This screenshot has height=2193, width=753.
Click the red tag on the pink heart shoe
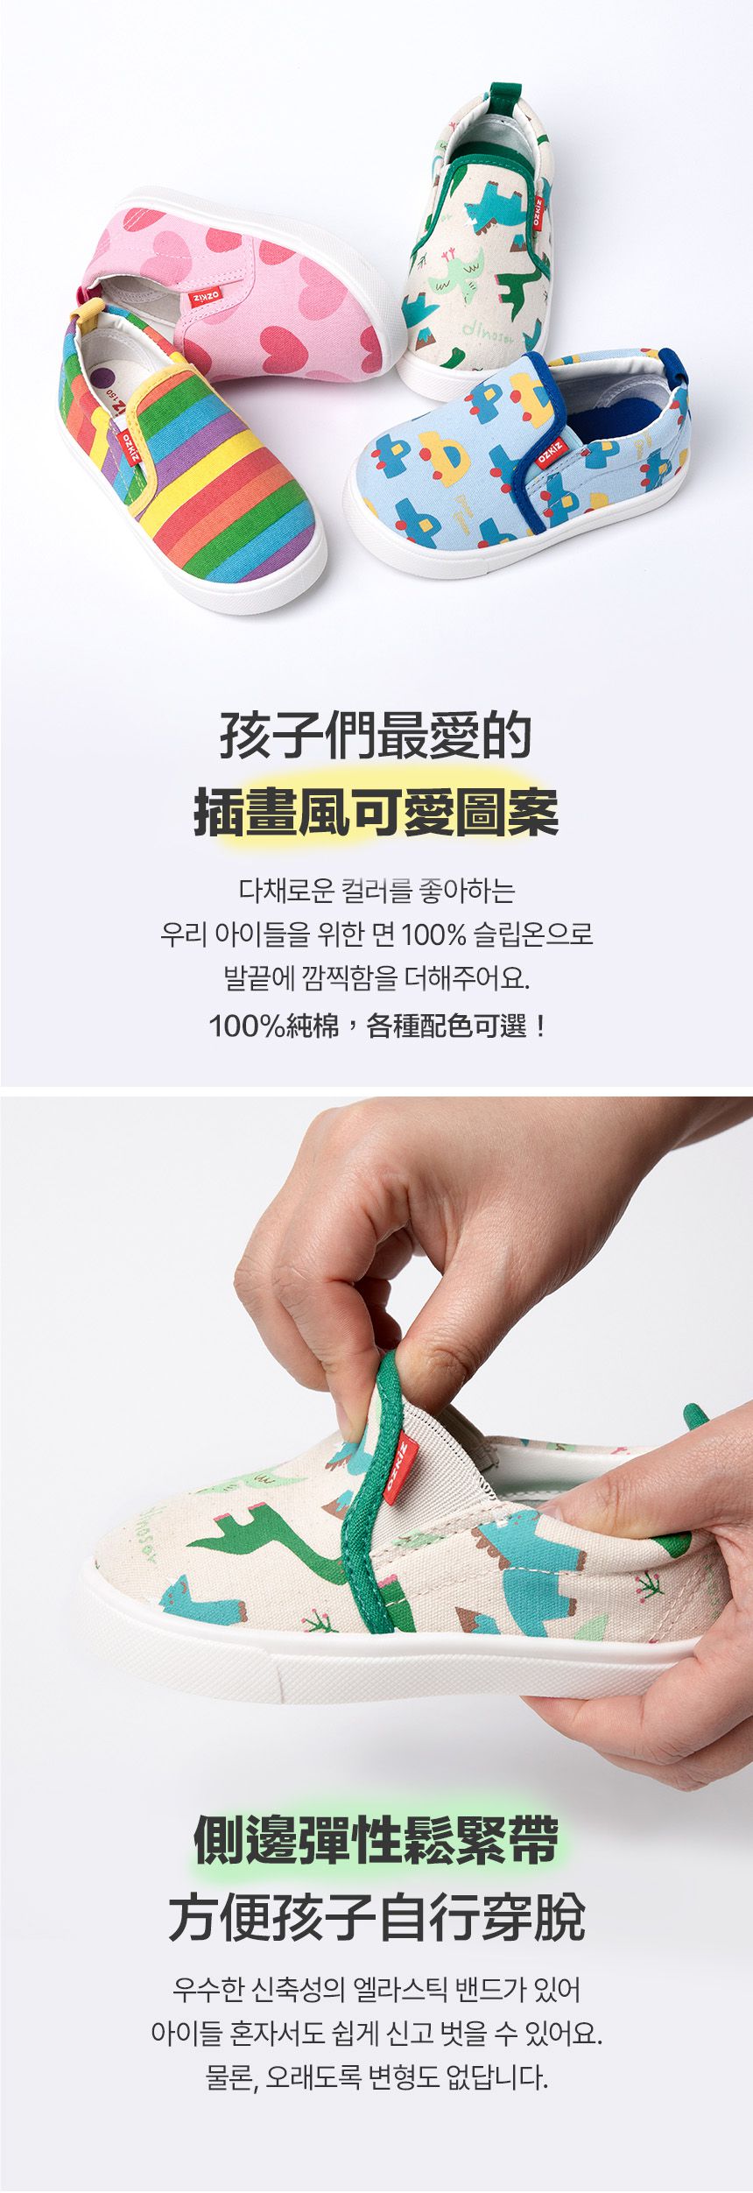205,299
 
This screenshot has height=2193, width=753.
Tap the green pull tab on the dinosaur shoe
503,97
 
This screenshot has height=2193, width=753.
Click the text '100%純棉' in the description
274,1026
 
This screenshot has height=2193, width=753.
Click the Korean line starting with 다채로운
377,891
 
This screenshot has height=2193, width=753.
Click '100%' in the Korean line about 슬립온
433,934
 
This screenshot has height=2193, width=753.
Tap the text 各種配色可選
447,1026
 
